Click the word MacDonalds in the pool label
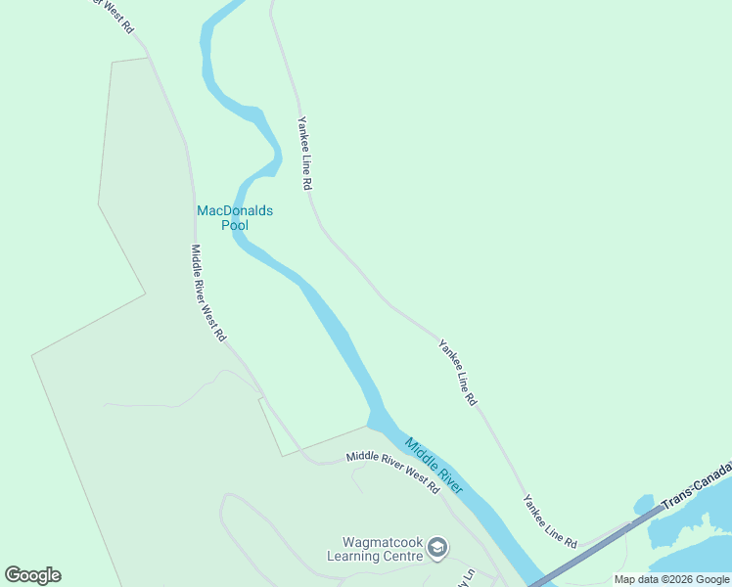[x=235, y=210]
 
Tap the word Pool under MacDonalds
[x=235, y=225]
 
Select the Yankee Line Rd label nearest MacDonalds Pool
[x=304, y=153]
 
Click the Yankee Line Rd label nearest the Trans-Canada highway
[x=549, y=520]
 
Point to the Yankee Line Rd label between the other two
[x=457, y=373]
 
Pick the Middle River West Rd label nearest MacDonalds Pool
[x=208, y=293]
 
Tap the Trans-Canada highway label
[x=697, y=485]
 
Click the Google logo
[x=32, y=575]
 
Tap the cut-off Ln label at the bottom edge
[x=467, y=577]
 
